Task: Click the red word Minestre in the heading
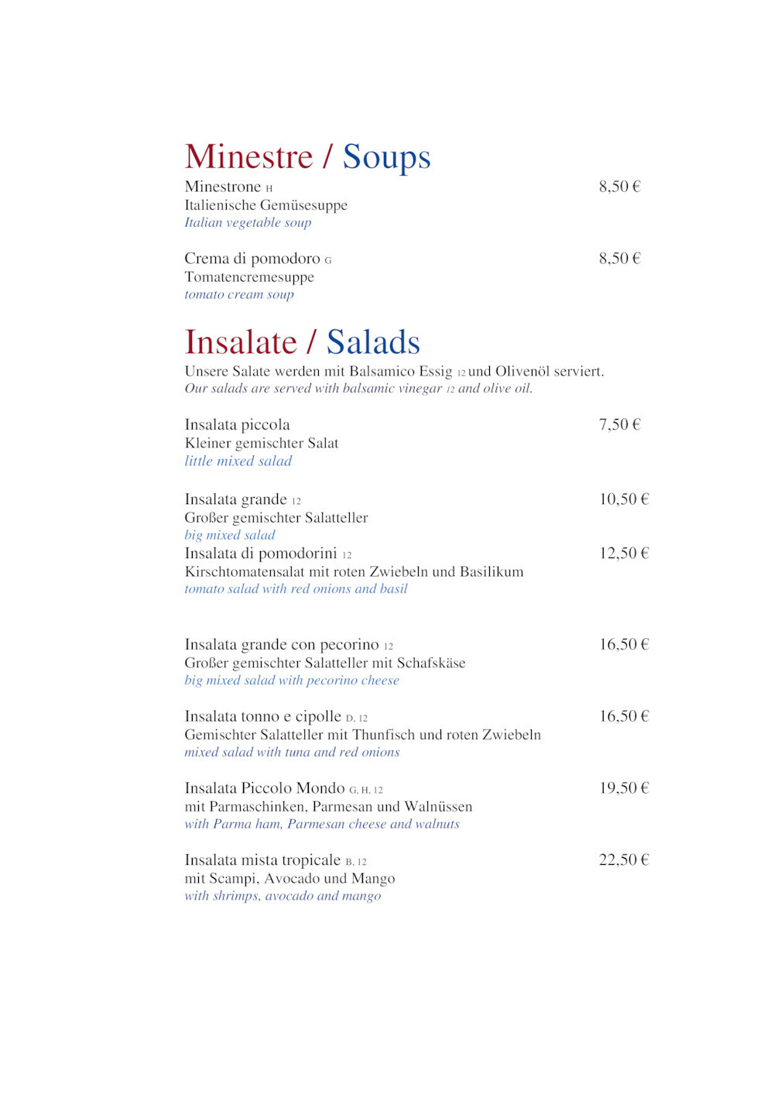(x=248, y=157)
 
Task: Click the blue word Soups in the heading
(x=386, y=157)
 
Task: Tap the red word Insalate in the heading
(x=241, y=342)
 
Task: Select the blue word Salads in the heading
(x=373, y=342)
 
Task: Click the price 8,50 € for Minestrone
(x=619, y=187)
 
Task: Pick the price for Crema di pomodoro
(x=619, y=259)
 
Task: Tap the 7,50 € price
(x=619, y=424)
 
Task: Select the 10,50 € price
(x=624, y=499)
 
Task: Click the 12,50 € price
(x=624, y=554)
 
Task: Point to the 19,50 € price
(x=624, y=788)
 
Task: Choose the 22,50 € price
(x=624, y=860)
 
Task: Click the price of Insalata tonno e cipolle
(x=624, y=716)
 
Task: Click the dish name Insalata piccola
(x=237, y=424)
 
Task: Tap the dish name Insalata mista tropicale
(x=262, y=860)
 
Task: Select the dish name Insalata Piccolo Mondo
(x=264, y=788)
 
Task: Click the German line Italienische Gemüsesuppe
(x=265, y=205)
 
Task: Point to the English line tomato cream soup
(x=239, y=294)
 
